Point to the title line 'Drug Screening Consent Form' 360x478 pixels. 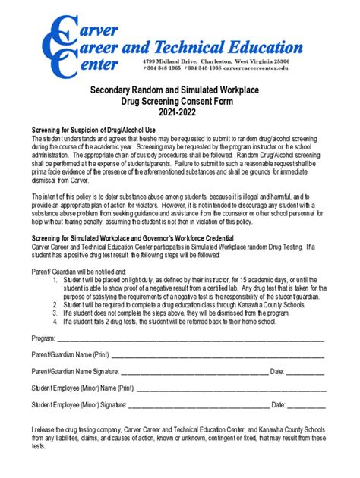179,99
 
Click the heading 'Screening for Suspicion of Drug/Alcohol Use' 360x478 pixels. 93,130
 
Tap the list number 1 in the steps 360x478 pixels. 55,279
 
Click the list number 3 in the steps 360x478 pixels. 55,312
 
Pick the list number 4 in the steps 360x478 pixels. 55,320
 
